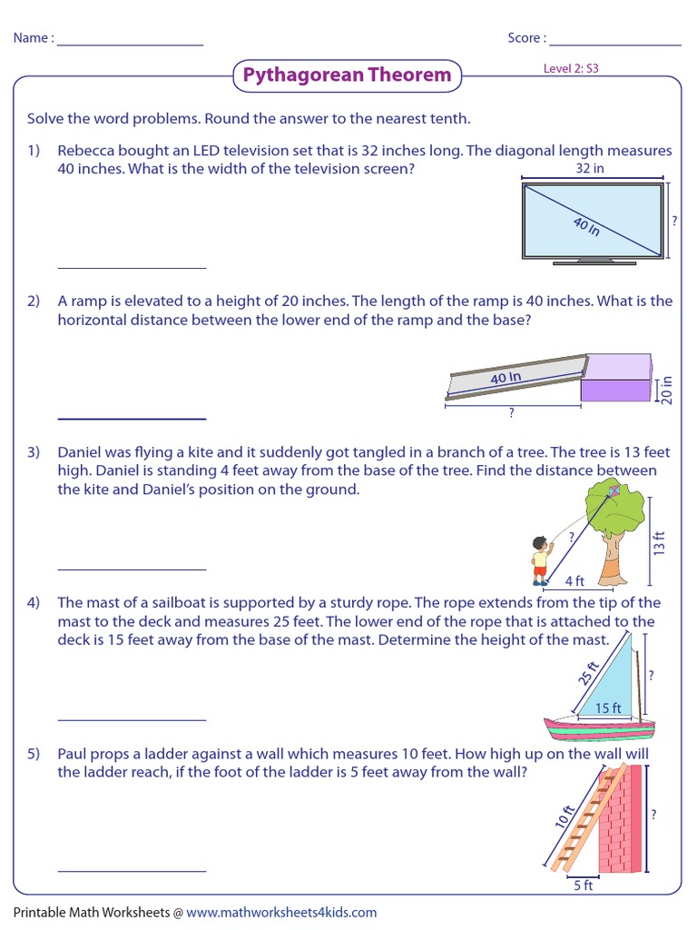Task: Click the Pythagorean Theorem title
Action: coord(347,75)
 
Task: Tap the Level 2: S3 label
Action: coord(571,68)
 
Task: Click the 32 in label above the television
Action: coord(590,169)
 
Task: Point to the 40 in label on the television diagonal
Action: coord(587,226)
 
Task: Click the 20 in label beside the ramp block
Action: coord(668,390)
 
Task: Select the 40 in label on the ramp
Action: coord(506,377)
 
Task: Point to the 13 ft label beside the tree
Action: coord(660,543)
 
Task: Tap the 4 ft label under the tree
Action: coord(574,580)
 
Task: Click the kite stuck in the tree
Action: coord(614,492)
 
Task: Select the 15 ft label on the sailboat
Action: coord(607,707)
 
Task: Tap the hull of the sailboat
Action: coord(599,727)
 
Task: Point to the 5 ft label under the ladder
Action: coord(583,885)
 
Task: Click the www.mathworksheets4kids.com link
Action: coord(281,912)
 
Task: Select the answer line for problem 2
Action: coord(132,418)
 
